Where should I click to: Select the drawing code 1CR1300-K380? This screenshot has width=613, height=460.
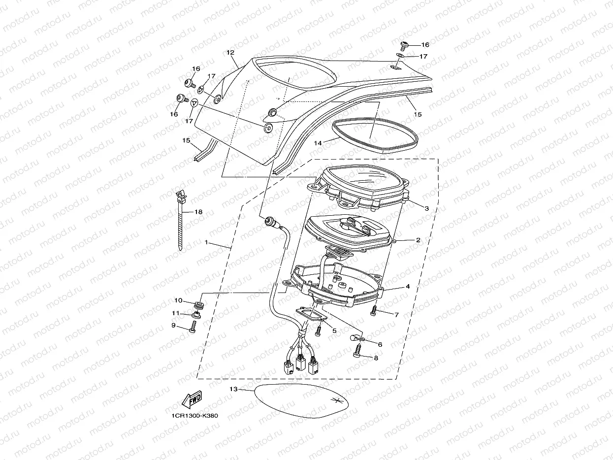pyautogui.click(x=194, y=416)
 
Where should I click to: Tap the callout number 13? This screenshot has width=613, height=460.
pyautogui.click(x=233, y=389)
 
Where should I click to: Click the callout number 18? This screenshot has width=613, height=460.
pyautogui.click(x=198, y=212)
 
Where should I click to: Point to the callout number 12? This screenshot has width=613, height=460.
pyautogui.click(x=230, y=53)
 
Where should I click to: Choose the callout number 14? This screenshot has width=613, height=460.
pyautogui.click(x=318, y=142)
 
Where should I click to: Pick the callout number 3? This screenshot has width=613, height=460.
pyautogui.click(x=427, y=208)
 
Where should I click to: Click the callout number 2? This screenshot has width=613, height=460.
pyautogui.click(x=418, y=240)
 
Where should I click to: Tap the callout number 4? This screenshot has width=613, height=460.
pyautogui.click(x=408, y=286)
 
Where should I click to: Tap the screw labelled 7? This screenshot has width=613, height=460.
pyautogui.click(x=374, y=310)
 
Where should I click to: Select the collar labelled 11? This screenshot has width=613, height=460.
pyautogui.click(x=196, y=315)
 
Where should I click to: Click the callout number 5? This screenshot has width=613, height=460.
pyautogui.click(x=334, y=331)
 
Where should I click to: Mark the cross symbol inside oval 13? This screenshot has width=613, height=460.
pyautogui.click(x=337, y=400)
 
